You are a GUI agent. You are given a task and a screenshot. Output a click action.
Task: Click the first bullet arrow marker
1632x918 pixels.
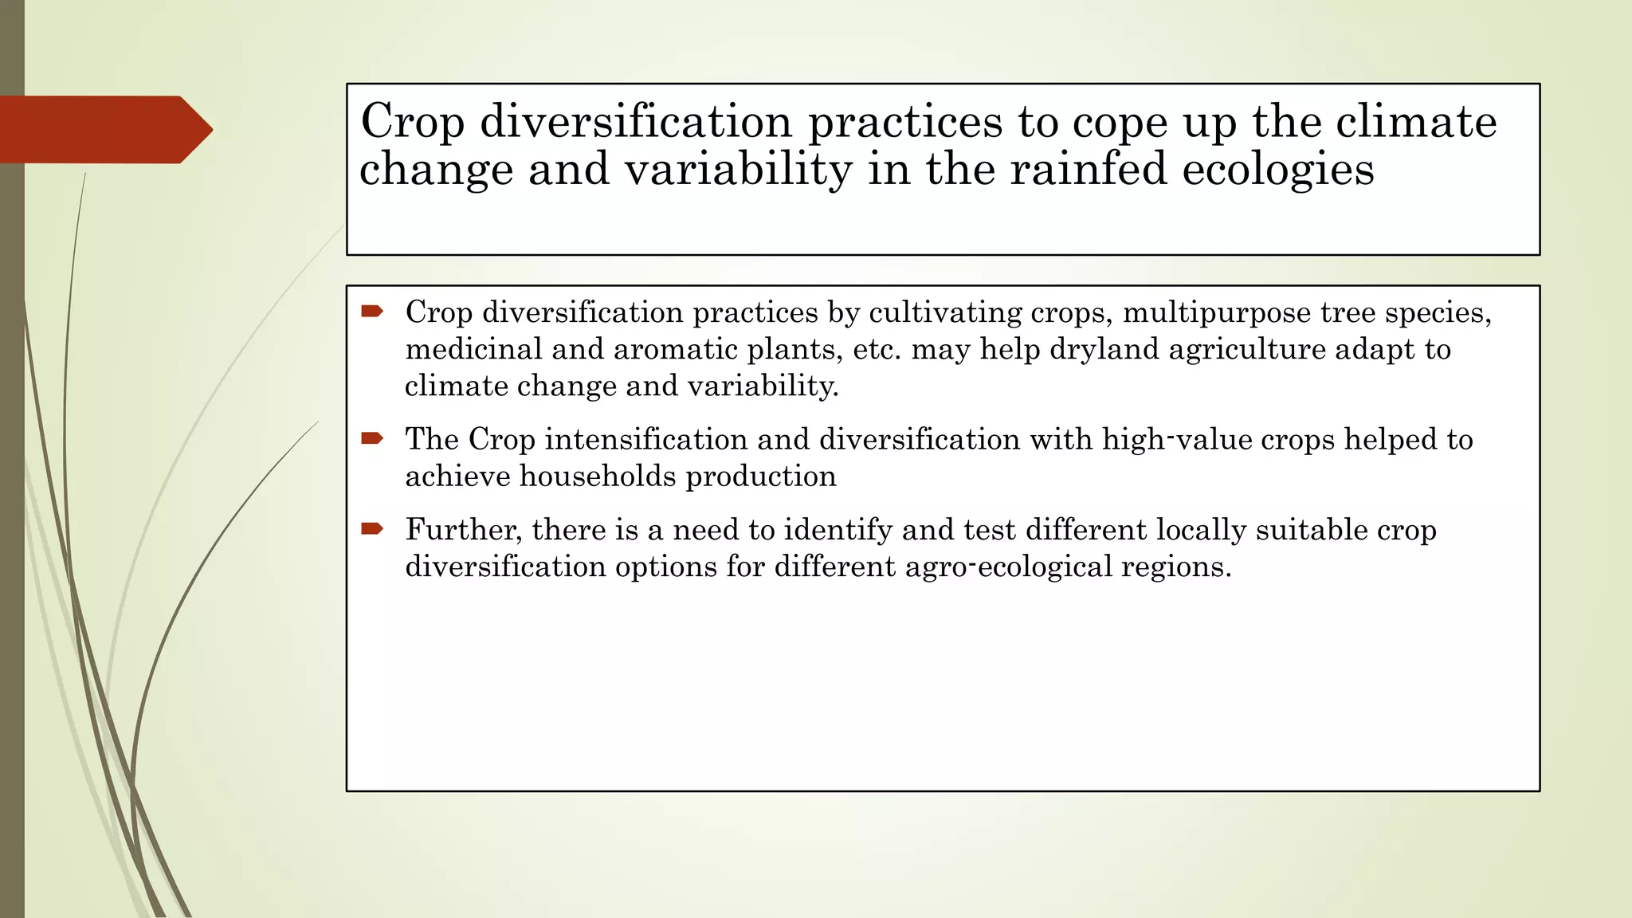pos(372,312)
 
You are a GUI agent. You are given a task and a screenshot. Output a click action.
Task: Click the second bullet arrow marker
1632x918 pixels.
pos(372,438)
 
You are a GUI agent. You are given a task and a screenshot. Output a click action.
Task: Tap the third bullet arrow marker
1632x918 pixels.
pos(372,528)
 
